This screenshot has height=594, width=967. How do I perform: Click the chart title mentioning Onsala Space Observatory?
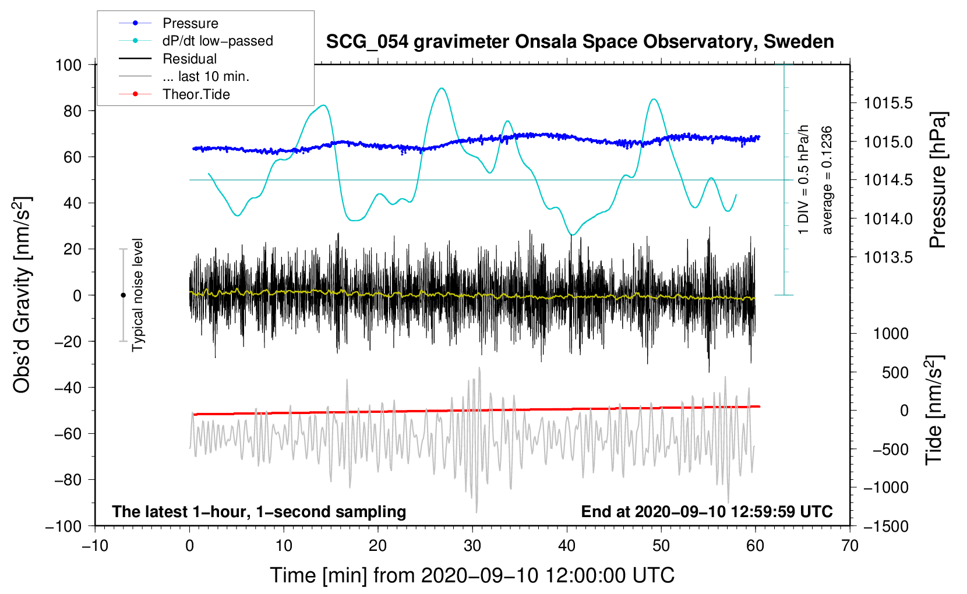[580, 42]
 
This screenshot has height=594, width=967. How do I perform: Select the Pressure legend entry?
[190, 23]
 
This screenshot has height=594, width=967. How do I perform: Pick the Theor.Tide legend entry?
[196, 94]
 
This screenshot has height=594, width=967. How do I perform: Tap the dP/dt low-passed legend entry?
[217, 41]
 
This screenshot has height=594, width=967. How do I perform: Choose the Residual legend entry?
[189, 59]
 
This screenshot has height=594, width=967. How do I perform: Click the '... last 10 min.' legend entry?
[206, 76]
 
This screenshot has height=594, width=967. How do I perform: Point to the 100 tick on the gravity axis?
[68, 65]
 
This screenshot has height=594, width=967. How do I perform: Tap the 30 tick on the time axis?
[472, 546]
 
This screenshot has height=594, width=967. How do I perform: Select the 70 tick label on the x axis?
[850, 546]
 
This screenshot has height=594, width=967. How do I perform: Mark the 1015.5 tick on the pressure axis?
[888, 104]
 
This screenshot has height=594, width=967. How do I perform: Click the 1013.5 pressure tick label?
[888, 257]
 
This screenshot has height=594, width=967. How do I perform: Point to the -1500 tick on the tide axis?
[885, 526]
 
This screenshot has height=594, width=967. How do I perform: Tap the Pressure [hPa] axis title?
[937, 180]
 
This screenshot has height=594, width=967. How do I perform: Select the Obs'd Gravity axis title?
[22, 295]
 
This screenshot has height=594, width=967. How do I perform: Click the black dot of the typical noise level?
[123, 295]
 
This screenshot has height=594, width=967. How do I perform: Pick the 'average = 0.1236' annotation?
[827, 180]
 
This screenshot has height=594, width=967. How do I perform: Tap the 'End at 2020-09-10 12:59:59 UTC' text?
[707, 511]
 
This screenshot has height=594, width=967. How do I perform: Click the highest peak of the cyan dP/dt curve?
[442, 89]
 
